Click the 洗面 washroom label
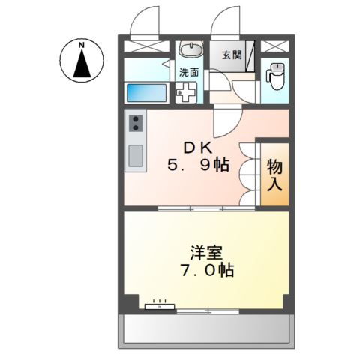pyautogui.click(x=188, y=73)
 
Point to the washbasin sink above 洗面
pyautogui.click(x=191, y=51)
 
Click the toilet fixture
pyautogui.click(x=275, y=74)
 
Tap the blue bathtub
pyautogui.click(x=146, y=93)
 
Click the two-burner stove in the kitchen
pyautogui.click(x=136, y=123)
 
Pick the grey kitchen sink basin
pyautogui.click(x=136, y=156)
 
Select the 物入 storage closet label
pyautogui.click(x=274, y=174)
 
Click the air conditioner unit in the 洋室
pyautogui.click(x=159, y=305)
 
